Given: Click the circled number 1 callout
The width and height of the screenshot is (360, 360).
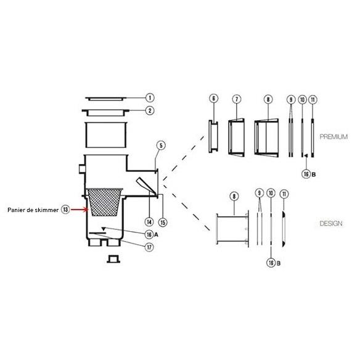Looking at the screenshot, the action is [x=150, y=98].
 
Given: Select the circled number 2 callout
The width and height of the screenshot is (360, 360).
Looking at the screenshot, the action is [x=150, y=111].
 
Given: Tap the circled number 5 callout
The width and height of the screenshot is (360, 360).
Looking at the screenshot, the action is [x=161, y=145].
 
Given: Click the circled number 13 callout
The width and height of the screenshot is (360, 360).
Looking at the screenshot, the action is [x=65, y=210].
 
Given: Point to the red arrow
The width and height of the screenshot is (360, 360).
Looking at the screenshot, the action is [x=80, y=210].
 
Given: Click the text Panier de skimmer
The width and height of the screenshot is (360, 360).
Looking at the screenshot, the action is [x=33, y=210].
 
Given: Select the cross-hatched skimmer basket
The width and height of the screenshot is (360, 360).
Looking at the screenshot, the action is [x=104, y=202].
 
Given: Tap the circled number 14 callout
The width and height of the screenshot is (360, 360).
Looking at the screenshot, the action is [x=149, y=222].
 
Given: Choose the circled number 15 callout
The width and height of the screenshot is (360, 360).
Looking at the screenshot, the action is [x=163, y=223].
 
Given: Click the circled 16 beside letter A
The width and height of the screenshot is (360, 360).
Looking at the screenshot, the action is [x=149, y=234].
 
